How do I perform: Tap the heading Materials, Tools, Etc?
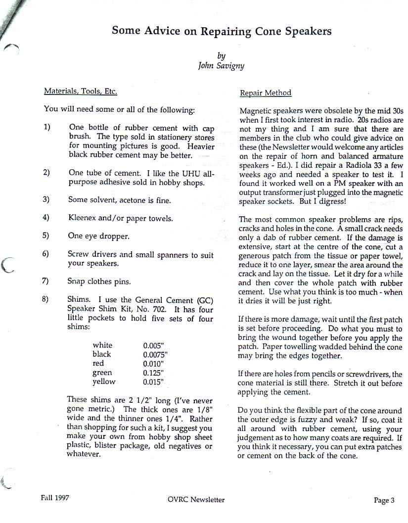81,91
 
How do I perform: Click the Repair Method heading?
265,93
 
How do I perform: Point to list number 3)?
46,200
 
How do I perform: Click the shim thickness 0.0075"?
156,354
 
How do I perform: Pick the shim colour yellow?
104,381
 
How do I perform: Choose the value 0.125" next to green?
153,373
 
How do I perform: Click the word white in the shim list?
102,345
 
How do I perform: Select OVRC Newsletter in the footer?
196,500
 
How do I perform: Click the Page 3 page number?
384,500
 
